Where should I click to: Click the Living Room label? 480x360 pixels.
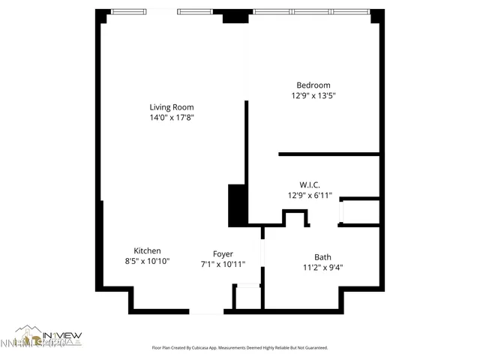172,107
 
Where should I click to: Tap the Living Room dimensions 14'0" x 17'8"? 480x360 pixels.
172,118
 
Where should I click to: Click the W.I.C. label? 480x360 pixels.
310,184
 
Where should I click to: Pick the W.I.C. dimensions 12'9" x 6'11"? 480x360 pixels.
310,195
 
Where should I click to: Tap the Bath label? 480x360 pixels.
322,256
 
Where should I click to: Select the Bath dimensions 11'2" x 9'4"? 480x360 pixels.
322,267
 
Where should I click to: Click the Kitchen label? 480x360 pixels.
147,251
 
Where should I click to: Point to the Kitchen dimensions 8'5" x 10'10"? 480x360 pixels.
147,262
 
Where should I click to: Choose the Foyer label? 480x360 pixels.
223,253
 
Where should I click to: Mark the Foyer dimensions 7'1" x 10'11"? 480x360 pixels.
223,264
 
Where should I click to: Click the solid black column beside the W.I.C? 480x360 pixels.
237,205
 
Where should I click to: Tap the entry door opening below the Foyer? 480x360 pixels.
206,310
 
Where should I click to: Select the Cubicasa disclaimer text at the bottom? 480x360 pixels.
239,348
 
